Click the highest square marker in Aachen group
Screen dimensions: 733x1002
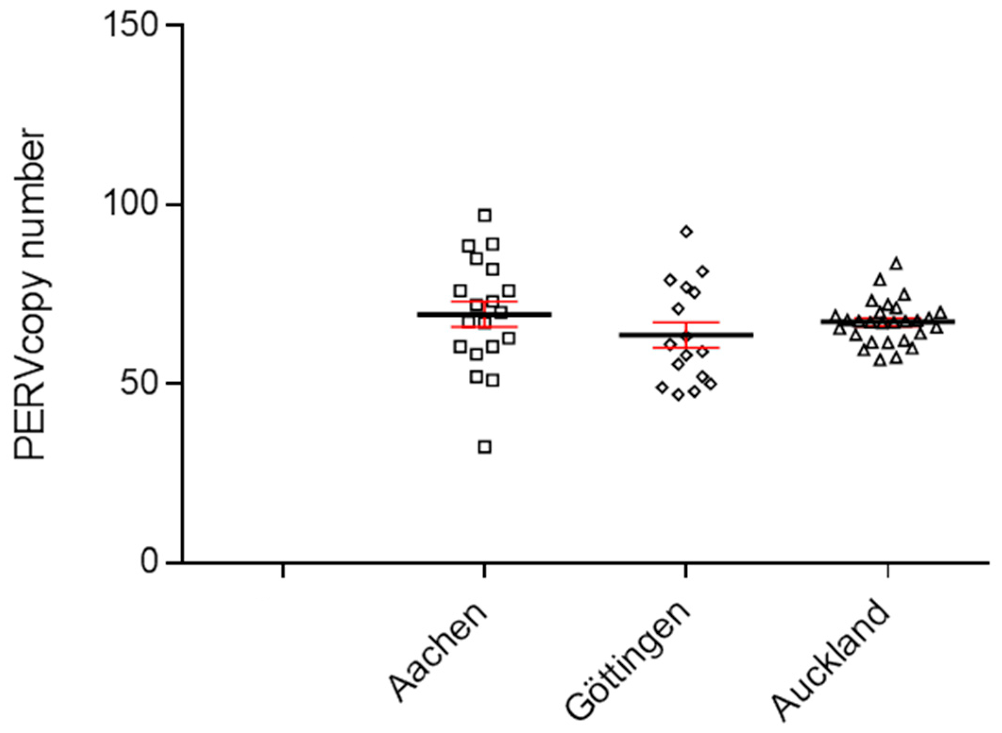click(485, 216)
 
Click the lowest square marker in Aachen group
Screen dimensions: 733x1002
click(485, 447)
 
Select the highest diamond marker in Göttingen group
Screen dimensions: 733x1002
click(687, 231)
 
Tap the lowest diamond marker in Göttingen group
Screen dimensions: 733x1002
click(678, 395)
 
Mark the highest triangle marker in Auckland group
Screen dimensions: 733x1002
click(896, 264)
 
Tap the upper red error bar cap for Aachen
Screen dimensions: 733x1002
click(485, 301)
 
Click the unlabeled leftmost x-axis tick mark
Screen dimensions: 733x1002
click(283, 570)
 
